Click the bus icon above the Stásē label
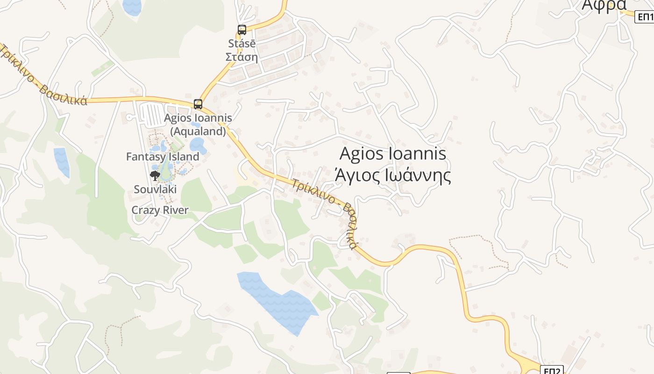pyautogui.click(x=242, y=29)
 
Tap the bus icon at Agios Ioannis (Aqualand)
pyautogui.click(x=198, y=104)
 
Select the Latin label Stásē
pyautogui.click(x=242, y=43)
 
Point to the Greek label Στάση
pyautogui.click(x=242, y=57)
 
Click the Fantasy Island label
pyautogui.click(x=163, y=157)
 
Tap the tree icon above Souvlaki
pyautogui.click(x=155, y=176)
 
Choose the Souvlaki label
pyautogui.click(x=155, y=189)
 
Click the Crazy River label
pyautogui.click(x=160, y=210)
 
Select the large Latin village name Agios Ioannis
pyautogui.click(x=393, y=153)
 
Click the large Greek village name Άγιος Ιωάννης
pyautogui.click(x=393, y=176)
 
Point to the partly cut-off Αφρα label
pyautogui.click(x=603, y=6)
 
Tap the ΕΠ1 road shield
pyautogui.click(x=645, y=17)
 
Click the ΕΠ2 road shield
pyautogui.click(x=552, y=370)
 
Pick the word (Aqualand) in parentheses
pyautogui.click(x=198, y=131)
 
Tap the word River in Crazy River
pyautogui.click(x=175, y=210)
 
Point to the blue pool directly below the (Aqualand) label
pyautogui.click(x=198, y=144)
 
